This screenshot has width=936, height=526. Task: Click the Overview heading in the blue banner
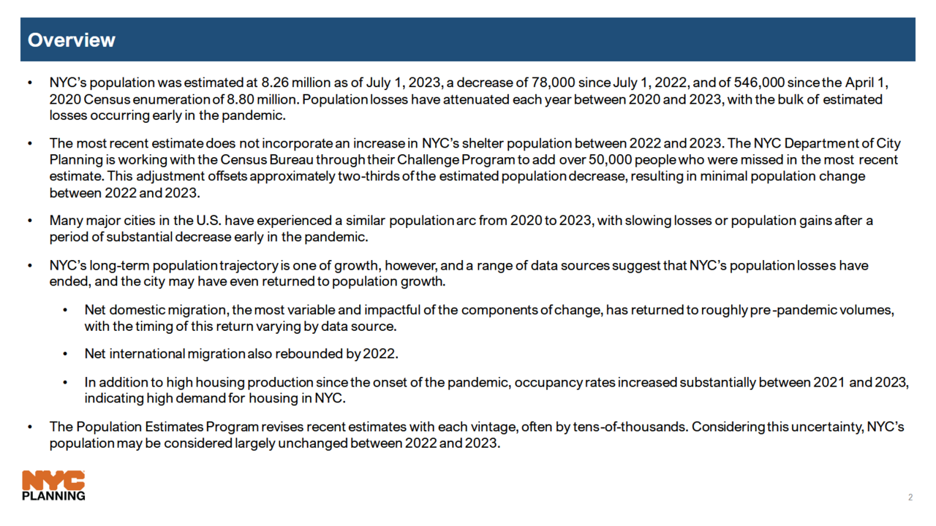point(71,40)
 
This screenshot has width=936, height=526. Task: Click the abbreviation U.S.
point(209,221)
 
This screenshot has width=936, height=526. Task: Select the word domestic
point(140,310)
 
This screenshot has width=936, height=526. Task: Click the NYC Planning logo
point(53,486)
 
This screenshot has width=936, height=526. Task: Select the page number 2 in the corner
point(910,498)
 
